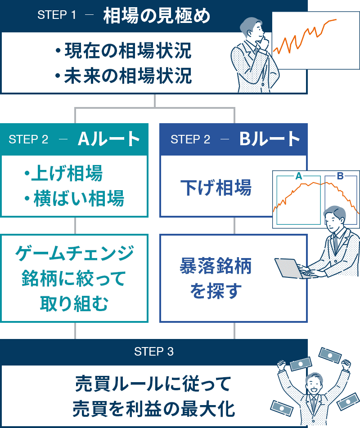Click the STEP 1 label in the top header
(x=57, y=15)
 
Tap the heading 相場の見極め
(x=157, y=16)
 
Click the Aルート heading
(x=109, y=139)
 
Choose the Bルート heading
(x=269, y=139)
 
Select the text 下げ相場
(x=216, y=188)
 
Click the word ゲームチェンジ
(x=75, y=253)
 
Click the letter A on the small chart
(x=298, y=176)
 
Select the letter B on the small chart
(x=340, y=176)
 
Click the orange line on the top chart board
(x=306, y=33)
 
